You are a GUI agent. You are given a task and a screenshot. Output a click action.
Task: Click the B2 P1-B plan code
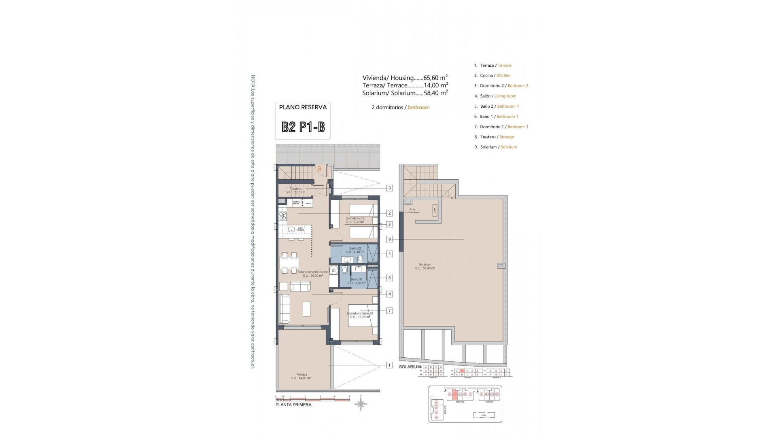point(303,127)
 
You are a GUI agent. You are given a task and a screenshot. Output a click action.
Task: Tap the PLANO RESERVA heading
point(303,107)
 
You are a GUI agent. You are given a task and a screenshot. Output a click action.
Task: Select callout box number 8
point(389,188)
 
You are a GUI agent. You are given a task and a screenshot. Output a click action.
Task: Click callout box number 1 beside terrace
point(389,365)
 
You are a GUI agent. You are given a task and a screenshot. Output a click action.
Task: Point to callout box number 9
point(389,239)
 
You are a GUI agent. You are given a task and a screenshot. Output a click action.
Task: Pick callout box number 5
point(389,254)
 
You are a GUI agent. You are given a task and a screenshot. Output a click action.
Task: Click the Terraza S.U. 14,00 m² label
point(301,376)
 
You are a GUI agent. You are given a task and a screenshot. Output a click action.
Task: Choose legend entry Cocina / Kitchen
point(495,75)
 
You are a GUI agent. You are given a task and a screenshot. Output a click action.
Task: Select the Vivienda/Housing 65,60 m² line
point(405,78)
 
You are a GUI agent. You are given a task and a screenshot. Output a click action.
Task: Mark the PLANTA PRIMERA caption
point(293,405)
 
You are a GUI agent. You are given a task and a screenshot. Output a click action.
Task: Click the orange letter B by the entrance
point(319,169)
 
